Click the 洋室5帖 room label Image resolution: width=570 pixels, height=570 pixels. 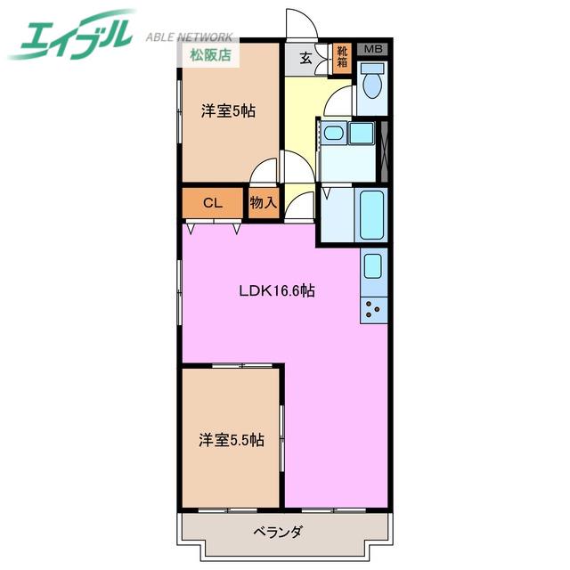point(228,110)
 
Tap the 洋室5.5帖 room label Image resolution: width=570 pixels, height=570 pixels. point(232,440)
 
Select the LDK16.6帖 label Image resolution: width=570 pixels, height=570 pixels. point(277,290)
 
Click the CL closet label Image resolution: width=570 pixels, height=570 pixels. point(213,203)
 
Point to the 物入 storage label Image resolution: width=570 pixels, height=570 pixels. point(264,202)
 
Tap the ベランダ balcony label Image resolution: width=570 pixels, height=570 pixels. point(277,533)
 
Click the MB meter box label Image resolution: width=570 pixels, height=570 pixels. point(373,49)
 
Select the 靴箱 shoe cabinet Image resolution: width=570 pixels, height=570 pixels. point(342,58)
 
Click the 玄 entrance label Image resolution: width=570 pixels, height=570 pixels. point(306,58)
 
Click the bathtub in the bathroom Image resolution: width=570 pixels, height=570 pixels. point(371,215)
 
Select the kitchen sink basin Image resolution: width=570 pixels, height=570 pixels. point(373,266)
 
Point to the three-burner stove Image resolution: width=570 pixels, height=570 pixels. point(373,310)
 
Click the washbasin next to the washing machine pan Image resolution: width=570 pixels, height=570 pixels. point(333,133)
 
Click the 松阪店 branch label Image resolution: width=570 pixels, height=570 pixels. point(210,55)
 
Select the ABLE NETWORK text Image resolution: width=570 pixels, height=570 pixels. point(189,37)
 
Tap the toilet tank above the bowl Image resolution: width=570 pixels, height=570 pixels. point(372,68)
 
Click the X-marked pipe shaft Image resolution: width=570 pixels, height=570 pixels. point(384,151)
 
